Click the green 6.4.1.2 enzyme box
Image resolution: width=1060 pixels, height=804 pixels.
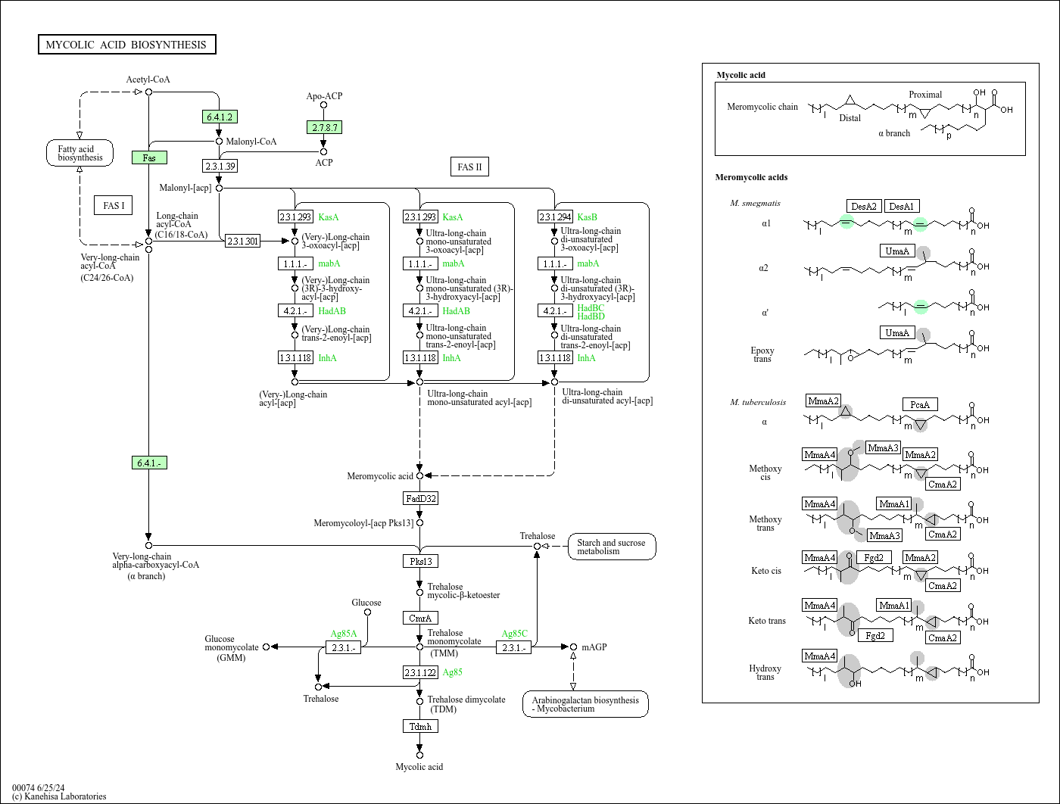click(220, 117)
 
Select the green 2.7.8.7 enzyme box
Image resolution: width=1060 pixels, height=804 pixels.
click(325, 127)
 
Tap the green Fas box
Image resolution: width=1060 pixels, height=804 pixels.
click(149, 158)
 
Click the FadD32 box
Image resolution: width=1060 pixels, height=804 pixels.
click(421, 498)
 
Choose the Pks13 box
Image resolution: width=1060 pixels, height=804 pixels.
click(421, 561)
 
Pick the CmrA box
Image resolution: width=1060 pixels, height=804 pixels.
click(421, 618)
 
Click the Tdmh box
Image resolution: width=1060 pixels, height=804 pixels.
click(421, 726)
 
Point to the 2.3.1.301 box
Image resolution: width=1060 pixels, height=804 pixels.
click(242, 241)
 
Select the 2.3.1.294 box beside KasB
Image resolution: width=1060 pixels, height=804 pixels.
click(555, 217)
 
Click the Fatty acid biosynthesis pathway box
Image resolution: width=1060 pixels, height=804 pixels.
click(79, 153)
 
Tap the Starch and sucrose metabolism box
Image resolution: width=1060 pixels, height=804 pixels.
click(611, 547)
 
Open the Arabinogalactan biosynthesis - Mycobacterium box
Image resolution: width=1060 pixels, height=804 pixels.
click(585, 704)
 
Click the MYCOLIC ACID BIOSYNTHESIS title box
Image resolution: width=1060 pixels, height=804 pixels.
click(127, 45)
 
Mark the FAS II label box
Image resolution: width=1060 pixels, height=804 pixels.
click(469, 167)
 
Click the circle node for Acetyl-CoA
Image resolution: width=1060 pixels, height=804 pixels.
click(148, 92)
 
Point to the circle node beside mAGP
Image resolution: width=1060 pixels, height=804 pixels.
click(573, 647)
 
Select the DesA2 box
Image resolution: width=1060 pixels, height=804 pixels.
click(864, 206)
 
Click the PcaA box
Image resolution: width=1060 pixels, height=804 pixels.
click(920, 405)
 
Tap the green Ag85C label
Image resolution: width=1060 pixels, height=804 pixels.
click(514, 634)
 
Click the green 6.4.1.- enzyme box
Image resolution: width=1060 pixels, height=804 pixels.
click(149, 463)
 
